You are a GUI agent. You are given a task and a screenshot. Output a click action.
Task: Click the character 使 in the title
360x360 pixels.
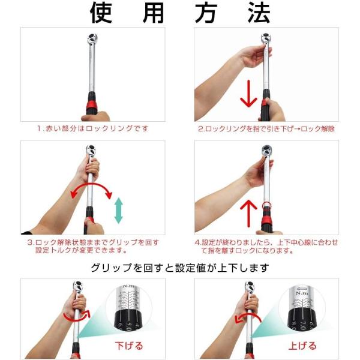(x=101, y=13)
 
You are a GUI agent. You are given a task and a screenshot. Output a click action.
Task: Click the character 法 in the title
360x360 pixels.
(x=259, y=13)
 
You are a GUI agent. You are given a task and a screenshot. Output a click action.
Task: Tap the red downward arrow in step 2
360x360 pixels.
(x=248, y=94)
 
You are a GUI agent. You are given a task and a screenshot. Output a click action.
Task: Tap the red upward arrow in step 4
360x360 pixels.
(x=248, y=214)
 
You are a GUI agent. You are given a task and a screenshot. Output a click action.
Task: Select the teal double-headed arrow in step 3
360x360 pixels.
(x=118, y=211)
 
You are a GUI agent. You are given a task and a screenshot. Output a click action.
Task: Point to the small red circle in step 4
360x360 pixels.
(x=266, y=206)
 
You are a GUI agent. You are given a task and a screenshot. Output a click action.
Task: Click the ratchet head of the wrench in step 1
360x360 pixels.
(x=92, y=38)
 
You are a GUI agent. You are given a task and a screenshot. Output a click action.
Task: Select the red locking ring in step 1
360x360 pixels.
(x=92, y=105)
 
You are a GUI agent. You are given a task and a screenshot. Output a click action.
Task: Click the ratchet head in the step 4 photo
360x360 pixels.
(x=267, y=151)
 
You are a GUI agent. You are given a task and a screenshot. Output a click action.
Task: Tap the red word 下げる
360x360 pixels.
(x=129, y=346)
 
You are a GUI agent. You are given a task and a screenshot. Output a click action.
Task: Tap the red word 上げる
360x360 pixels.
(x=302, y=346)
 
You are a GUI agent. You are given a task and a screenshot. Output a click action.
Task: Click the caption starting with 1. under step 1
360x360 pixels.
(x=93, y=128)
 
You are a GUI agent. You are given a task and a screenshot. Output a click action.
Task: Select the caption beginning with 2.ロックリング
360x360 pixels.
(x=266, y=128)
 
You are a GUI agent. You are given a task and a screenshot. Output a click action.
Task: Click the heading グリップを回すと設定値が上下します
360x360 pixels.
(x=180, y=268)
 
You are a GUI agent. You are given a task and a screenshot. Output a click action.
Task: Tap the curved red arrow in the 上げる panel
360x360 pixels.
(x=247, y=318)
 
